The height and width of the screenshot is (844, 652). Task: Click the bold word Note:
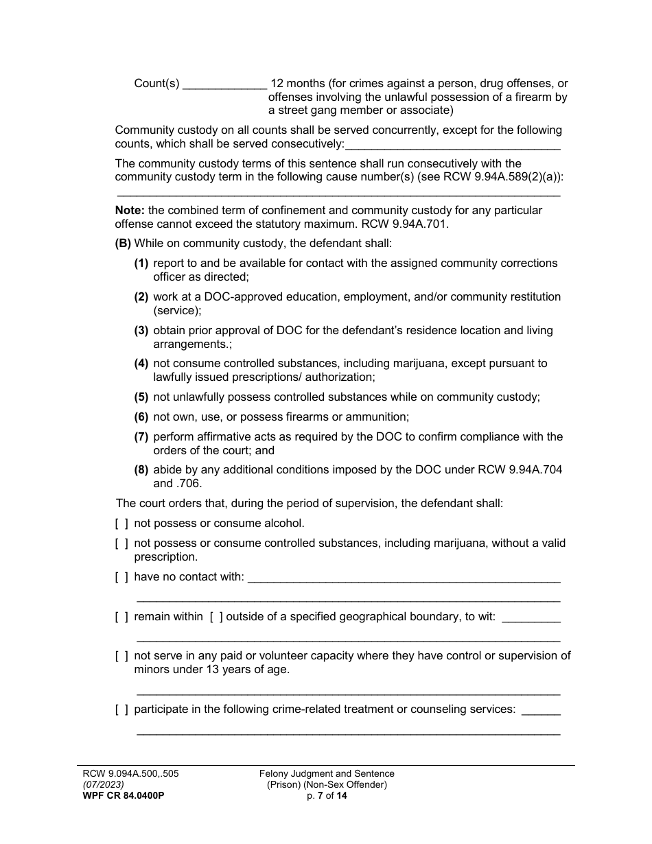130,210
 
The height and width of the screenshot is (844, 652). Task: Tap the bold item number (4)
141,363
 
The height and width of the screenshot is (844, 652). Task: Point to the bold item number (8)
141,469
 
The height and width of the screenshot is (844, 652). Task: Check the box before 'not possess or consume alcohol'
121,523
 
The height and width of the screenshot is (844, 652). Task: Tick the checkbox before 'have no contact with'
121,576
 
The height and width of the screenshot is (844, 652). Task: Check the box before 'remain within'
121,616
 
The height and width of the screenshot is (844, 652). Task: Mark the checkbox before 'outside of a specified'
216,616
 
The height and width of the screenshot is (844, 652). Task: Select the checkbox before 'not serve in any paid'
121,655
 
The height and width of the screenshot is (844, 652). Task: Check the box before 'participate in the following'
121,709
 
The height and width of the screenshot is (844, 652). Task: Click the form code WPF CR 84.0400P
124,796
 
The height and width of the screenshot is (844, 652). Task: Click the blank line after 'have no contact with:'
404,578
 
